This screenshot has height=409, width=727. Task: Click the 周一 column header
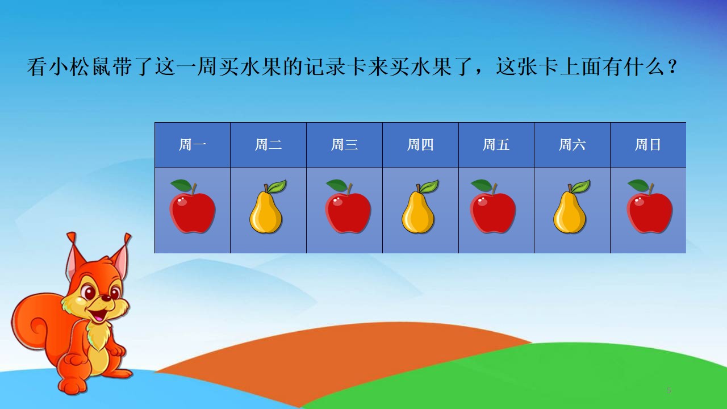point(193,145)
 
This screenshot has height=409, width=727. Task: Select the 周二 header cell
point(269,145)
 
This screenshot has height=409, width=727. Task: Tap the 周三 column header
point(344,145)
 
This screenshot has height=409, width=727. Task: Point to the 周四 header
point(420,145)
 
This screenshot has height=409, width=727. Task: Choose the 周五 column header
point(496,145)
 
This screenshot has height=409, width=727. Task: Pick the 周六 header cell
point(572,145)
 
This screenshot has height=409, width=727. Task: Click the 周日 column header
point(648,145)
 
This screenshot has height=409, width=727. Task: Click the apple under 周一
point(193,206)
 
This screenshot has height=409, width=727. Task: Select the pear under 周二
point(268,206)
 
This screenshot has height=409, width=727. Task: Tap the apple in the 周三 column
point(348,206)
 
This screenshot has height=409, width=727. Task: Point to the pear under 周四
point(420,206)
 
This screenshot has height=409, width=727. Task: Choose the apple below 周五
point(493,206)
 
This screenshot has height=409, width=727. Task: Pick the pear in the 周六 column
point(571,206)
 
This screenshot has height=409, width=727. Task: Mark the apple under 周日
point(650,206)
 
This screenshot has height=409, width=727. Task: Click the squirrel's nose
point(106,298)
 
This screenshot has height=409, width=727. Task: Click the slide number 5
point(669,390)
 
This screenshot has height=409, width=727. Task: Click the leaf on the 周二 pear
point(277,186)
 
